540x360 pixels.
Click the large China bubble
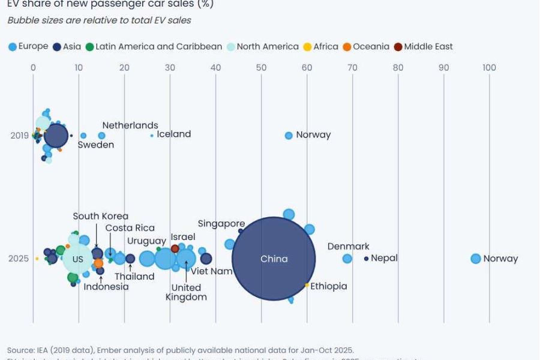[x=274, y=259]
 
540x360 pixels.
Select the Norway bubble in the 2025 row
[x=476, y=259]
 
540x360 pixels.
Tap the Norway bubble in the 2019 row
[x=289, y=136]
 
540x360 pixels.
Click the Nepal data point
[x=366, y=259]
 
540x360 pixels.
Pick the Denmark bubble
[x=347, y=259]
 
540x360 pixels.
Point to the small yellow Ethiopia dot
[x=307, y=285]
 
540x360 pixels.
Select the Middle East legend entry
[x=423, y=47]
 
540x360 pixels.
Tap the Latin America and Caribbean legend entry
[x=153, y=47]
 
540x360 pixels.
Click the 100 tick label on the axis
[x=489, y=68]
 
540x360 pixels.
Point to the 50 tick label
[x=261, y=68]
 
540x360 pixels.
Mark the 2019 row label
[x=19, y=136]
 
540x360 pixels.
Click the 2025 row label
[x=19, y=259]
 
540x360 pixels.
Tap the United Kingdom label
[x=186, y=292]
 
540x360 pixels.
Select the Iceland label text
[x=173, y=134]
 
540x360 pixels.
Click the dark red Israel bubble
[x=175, y=248]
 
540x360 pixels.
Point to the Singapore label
[x=221, y=224]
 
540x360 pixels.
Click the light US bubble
[x=78, y=259]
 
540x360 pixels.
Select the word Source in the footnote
[x=21, y=350]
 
